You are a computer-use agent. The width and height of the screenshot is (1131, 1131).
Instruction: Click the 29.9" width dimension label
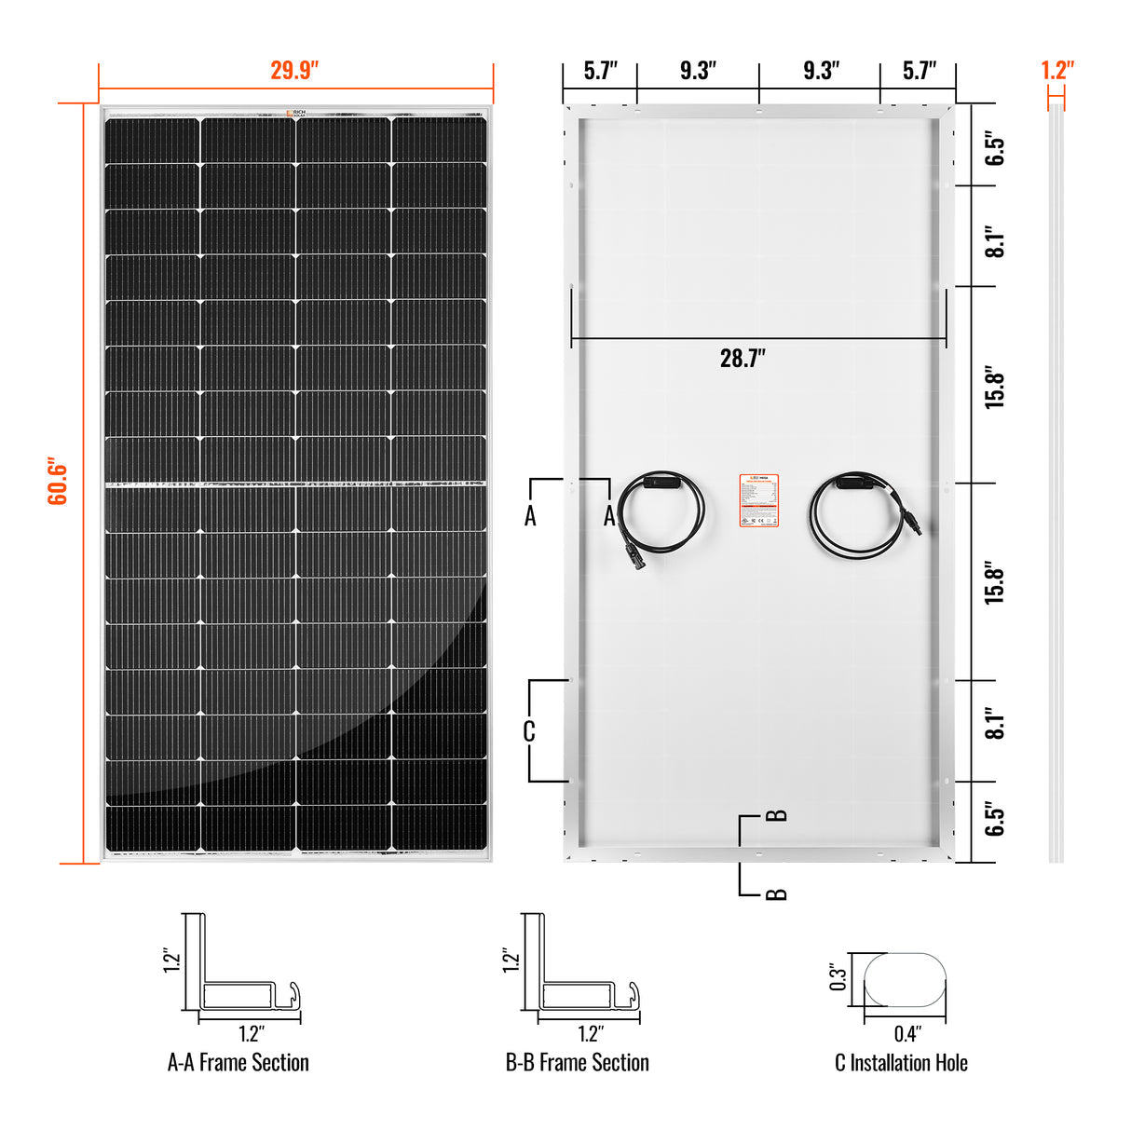294,71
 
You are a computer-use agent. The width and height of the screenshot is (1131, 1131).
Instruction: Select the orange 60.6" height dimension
58,481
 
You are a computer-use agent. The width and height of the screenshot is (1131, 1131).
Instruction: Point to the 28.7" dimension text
743,359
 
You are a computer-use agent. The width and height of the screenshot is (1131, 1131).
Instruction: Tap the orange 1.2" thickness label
1056,71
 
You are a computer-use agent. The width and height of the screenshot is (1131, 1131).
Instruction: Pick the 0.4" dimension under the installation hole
906,1033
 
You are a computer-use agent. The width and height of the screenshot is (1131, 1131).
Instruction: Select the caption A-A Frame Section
238,1063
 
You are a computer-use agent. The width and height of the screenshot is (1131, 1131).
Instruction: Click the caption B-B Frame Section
577,1063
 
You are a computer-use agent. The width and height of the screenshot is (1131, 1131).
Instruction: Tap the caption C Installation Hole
901,1063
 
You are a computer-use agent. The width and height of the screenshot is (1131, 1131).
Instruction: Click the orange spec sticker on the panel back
758,500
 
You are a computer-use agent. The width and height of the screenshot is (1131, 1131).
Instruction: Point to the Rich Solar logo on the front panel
296,113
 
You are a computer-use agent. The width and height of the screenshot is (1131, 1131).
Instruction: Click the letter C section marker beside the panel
529,731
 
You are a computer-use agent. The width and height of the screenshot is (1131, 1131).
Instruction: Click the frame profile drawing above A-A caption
242,969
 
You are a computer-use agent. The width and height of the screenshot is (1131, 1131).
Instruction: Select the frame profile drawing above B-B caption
580,969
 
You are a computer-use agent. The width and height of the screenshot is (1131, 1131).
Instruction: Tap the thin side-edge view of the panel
1056,484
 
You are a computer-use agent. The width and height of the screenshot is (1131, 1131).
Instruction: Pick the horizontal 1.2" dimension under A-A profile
251,1033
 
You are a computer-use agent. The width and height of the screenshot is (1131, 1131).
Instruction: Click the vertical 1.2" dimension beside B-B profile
511,961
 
